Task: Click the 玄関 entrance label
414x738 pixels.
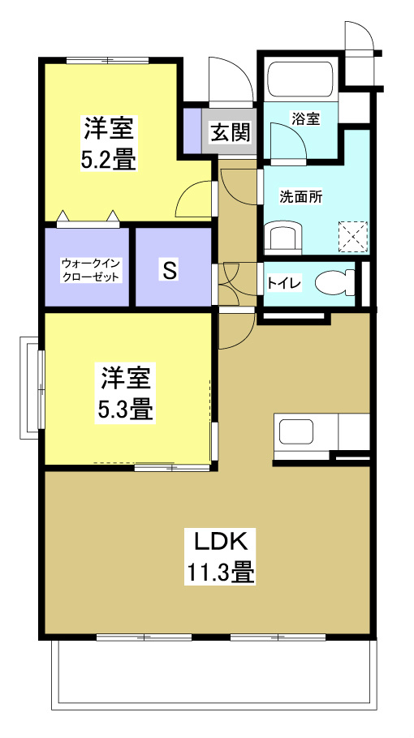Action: (231, 131)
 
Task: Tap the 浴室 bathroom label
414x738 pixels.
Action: (307, 118)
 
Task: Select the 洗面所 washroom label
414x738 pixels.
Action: (301, 196)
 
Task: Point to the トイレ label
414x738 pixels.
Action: (285, 283)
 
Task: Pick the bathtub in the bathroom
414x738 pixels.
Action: (301, 79)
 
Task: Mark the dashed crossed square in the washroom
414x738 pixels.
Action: (352, 238)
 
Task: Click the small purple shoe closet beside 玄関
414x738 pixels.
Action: (192, 131)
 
